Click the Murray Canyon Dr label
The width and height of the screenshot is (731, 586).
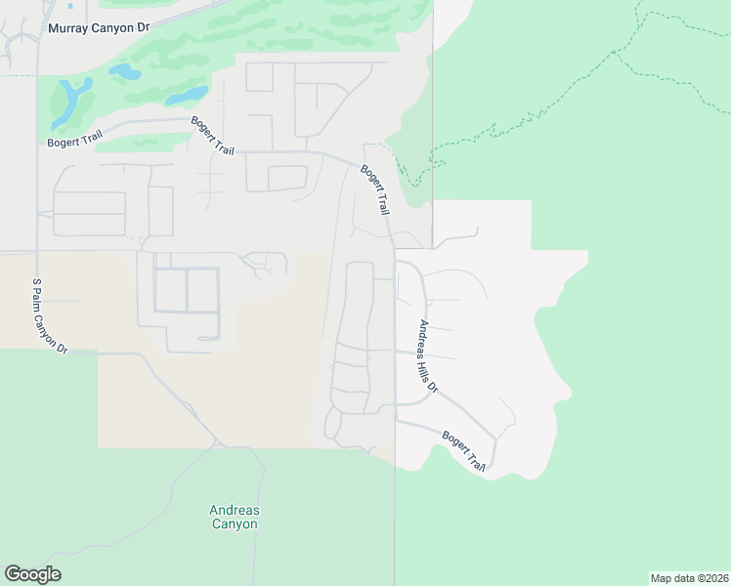click(99, 29)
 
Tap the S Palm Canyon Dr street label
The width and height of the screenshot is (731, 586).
click(49, 315)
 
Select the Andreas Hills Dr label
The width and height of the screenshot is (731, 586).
click(429, 356)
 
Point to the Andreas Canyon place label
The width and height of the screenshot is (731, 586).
click(235, 517)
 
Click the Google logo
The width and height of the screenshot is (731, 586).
click(32, 574)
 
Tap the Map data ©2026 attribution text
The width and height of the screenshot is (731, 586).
click(689, 578)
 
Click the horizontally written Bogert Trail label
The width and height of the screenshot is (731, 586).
click(73, 143)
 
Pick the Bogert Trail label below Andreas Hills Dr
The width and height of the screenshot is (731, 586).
click(463, 451)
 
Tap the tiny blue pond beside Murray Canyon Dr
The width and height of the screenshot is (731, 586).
click(70, 7)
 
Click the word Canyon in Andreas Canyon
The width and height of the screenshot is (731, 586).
click(235, 524)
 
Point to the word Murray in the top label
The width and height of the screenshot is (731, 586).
click(68, 29)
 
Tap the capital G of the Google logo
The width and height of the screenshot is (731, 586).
click(13, 574)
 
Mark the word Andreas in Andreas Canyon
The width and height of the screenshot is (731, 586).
click(235, 510)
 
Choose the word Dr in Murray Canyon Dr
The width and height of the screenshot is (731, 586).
click(143, 29)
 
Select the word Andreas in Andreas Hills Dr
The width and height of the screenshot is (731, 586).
click(424, 335)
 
